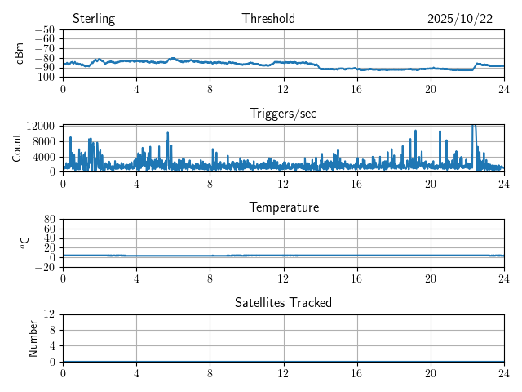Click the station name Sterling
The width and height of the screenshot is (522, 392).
point(94,19)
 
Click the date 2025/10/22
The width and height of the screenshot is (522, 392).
point(460,19)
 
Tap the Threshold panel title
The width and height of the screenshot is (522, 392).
point(268,19)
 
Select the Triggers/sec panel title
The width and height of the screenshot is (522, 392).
point(283,114)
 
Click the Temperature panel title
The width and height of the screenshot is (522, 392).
point(284,207)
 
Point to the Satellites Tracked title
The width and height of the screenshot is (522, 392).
point(283,302)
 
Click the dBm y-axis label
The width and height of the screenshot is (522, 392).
point(20,53)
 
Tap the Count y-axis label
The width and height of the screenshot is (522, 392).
point(16,148)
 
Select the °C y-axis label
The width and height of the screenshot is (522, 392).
point(24,243)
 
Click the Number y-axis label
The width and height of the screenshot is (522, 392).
point(33,337)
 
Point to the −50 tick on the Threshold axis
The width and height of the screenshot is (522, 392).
point(45,30)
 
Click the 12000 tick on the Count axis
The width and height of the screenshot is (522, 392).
point(40,126)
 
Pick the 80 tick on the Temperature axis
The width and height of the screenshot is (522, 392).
point(49,220)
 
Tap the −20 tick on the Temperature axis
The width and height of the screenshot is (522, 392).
point(45,267)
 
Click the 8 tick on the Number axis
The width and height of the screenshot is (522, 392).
point(51,330)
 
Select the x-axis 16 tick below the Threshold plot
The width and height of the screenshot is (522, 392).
point(357,88)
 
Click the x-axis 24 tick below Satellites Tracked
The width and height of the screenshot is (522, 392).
point(504,372)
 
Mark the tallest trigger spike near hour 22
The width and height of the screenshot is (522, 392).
point(474,127)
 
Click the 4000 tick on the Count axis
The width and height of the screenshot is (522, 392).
point(43,157)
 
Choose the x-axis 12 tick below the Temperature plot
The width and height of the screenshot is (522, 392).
point(284,278)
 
